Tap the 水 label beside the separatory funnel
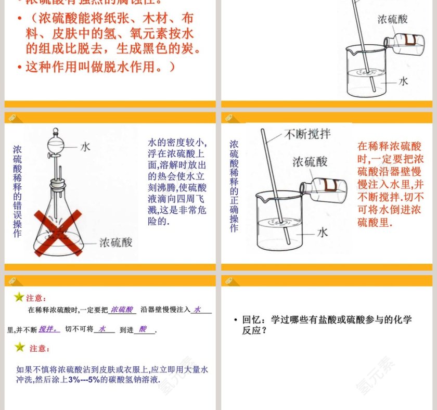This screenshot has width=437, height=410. pos(85,147)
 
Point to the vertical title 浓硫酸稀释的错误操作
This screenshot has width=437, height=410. pos(18,191)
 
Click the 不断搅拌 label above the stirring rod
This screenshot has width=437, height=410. pos(307,135)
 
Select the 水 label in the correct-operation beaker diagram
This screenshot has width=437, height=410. pos(323,232)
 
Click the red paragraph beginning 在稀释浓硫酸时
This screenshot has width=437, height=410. pos(390,184)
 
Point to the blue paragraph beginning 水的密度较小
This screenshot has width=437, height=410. pos(177,182)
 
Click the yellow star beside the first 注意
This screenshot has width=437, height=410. pos(19,297)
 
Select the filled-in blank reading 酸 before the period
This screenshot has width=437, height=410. pos(143,329)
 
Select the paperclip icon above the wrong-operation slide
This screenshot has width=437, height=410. pos(12,118)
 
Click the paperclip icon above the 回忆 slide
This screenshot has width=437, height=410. pos(228,281)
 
